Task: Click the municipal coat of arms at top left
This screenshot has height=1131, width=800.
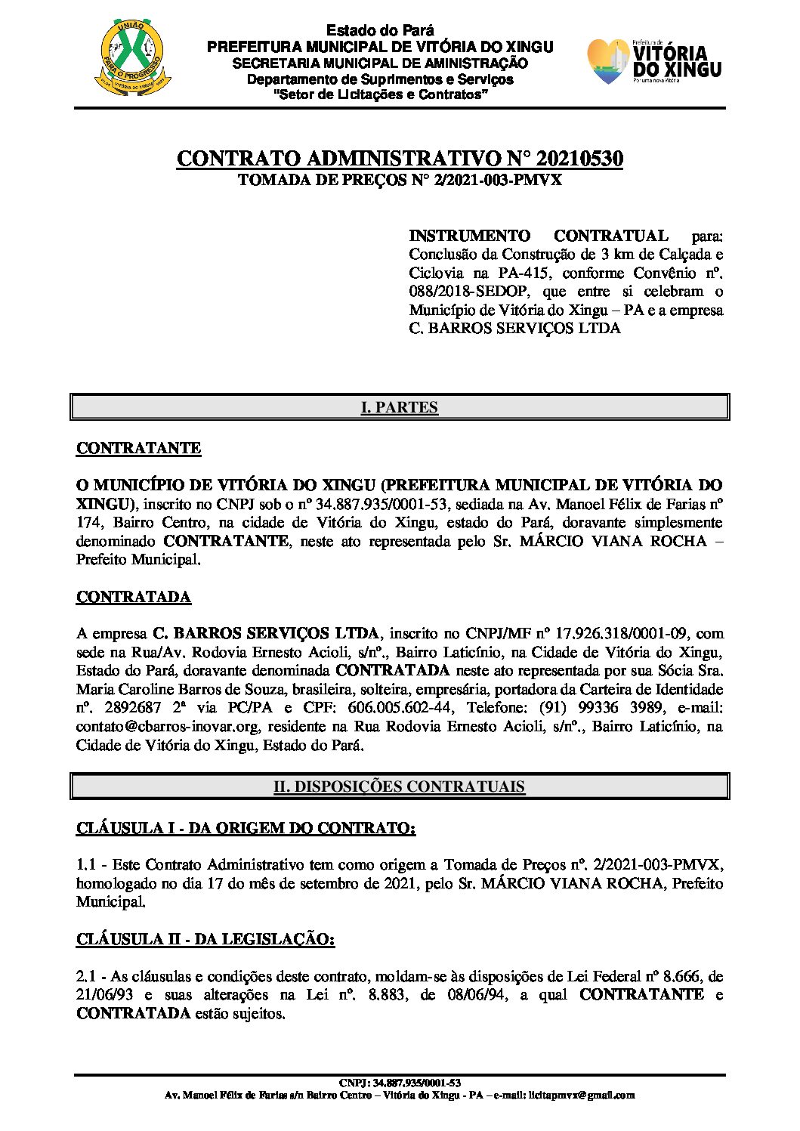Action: click(133, 59)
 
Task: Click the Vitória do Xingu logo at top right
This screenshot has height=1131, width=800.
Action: click(654, 61)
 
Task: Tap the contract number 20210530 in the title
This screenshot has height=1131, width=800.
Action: click(579, 159)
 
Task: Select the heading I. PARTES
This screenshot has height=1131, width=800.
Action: click(399, 407)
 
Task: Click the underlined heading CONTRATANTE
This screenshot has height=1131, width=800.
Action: click(138, 448)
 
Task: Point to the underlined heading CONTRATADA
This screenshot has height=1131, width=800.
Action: click(133, 597)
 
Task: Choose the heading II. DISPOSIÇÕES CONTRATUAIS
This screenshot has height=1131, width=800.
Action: click(399, 786)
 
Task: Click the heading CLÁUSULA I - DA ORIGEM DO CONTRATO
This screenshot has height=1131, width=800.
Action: click(246, 828)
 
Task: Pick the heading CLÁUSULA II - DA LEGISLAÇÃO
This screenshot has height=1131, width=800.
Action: click(205, 939)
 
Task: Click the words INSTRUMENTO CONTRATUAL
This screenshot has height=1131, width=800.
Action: click(539, 236)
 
